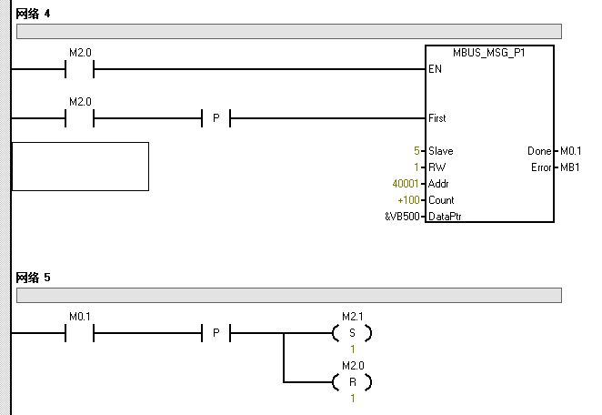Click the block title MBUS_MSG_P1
tap(488, 53)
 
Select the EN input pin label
tap(435, 69)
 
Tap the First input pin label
tap(437, 118)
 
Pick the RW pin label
tap(436, 167)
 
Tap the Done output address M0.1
tap(570, 151)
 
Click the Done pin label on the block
tap(538, 151)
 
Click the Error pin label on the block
tap(540, 167)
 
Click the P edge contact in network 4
tap(216, 118)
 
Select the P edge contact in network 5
tap(216, 333)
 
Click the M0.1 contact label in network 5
tap(80, 316)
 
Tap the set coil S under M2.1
tap(352, 333)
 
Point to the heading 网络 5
tap(33, 276)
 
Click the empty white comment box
tap(80, 167)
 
